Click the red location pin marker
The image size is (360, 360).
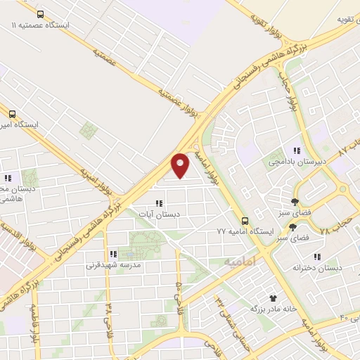pos(181,165)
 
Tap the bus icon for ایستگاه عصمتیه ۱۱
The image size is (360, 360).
pos(40,14)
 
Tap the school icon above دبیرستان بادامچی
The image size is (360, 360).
pos(297,150)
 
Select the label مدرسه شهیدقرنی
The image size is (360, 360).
pos(113,265)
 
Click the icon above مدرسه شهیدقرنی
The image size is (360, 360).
pos(112,254)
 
